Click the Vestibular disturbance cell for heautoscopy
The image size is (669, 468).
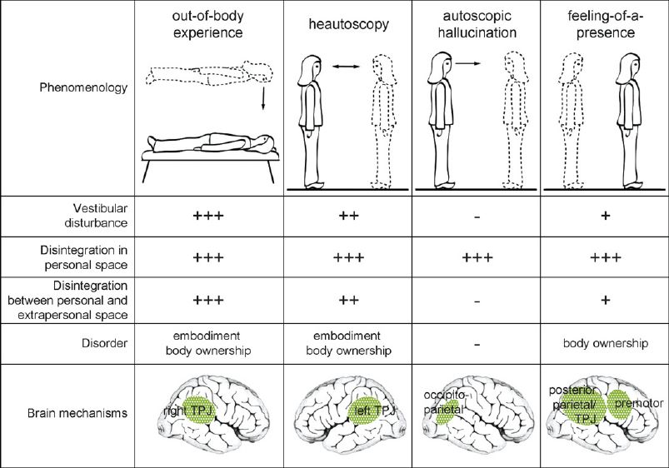pyautogui.click(x=347, y=217)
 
